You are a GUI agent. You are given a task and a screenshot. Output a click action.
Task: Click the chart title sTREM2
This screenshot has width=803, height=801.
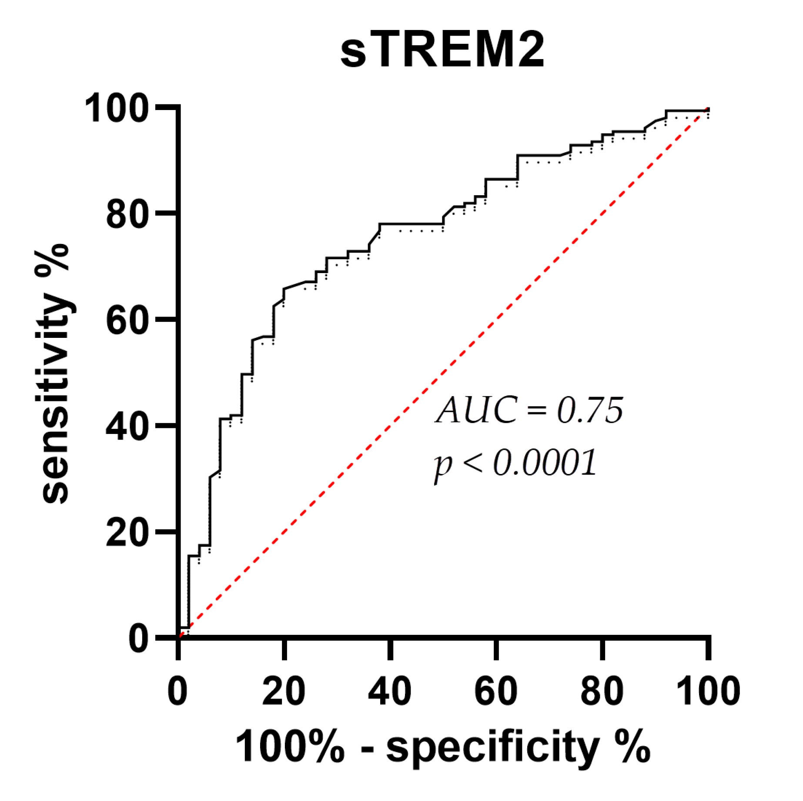[x=442, y=51]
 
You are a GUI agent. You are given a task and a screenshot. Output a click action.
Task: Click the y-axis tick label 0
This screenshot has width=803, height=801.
[x=139, y=639]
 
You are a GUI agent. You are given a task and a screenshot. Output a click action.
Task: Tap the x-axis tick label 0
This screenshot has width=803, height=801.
[x=178, y=691]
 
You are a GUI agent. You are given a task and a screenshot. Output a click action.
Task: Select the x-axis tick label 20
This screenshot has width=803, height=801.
[x=284, y=691]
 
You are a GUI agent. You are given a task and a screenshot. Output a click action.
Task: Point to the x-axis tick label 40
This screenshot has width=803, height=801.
[x=390, y=691]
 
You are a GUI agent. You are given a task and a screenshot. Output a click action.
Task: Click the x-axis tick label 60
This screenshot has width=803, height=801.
[x=496, y=691]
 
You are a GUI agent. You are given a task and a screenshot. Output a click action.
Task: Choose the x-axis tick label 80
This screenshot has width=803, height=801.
[x=602, y=691]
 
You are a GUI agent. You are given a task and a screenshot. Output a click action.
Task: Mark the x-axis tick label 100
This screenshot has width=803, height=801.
[x=708, y=691]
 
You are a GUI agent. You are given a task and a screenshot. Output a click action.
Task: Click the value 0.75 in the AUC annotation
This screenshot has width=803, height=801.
[x=590, y=410]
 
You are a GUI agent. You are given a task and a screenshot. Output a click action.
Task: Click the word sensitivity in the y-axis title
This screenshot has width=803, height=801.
[x=56, y=400]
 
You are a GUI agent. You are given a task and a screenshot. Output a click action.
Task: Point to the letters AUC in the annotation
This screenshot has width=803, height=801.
[x=477, y=410]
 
